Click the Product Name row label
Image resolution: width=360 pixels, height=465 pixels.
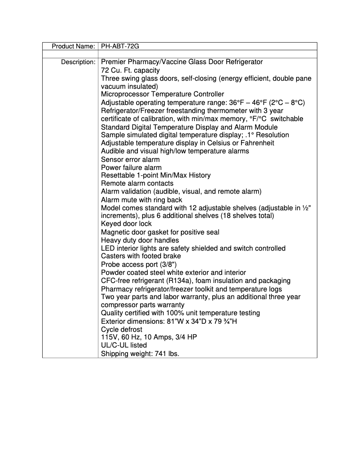click(73, 46)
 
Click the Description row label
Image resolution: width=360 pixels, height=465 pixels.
click(78, 62)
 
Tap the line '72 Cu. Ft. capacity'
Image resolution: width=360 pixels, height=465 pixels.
click(130, 70)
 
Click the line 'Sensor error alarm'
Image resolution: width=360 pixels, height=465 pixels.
click(130, 159)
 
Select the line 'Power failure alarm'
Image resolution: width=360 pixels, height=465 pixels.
click(131, 167)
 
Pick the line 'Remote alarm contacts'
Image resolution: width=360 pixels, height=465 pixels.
click(137, 183)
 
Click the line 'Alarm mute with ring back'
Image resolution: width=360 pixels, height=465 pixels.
click(141, 200)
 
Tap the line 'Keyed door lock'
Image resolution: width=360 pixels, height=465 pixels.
click(126, 224)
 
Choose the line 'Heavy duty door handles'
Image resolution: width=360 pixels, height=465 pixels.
click(138, 240)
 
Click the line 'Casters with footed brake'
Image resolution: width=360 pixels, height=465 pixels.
click(141, 256)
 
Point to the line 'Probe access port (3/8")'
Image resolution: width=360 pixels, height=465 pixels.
click(136, 265)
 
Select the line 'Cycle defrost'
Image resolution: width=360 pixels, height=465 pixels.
click(122, 329)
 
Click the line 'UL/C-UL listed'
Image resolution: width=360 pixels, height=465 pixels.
click(124, 345)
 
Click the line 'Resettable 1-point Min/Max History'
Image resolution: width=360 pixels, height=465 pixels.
click(155, 175)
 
